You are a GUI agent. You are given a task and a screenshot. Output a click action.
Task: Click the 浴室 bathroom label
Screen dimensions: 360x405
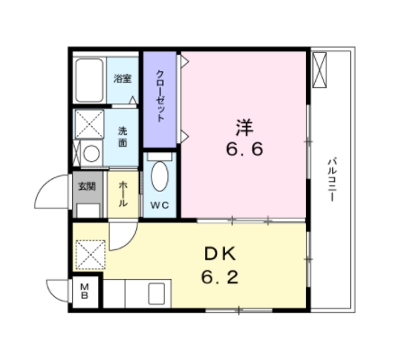(x=122, y=79)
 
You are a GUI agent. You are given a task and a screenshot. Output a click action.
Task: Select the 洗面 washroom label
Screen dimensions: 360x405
(x=122, y=137)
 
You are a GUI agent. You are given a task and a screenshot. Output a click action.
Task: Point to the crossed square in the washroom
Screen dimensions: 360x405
(x=89, y=123)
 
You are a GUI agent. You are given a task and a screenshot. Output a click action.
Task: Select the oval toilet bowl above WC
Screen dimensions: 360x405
(x=159, y=176)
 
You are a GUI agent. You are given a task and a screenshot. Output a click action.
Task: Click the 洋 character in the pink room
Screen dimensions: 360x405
(x=244, y=124)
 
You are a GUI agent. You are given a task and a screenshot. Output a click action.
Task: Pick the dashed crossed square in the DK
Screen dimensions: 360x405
(x=90, y=255)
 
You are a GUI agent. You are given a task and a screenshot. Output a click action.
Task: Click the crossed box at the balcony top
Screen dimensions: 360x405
(x=321, y=70)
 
